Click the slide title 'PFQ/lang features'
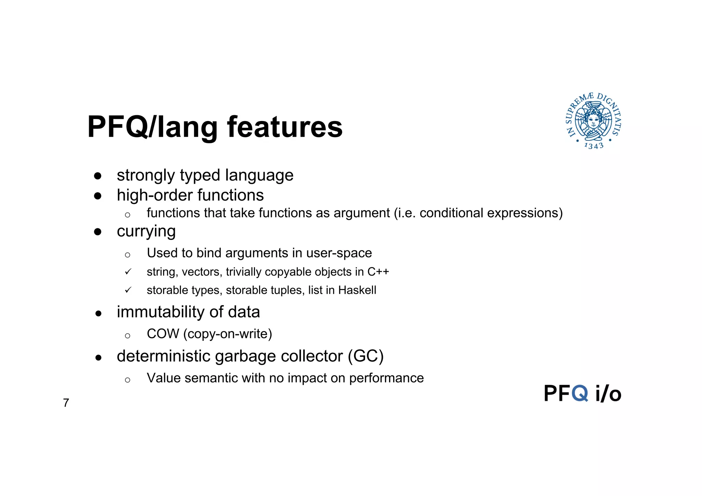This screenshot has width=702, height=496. pyautogui.click(x=215, y=127)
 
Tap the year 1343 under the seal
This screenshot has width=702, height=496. pyautogui.click(x=594, y=146)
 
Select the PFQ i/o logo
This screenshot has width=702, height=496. pyautogui.click(x=582, y=393)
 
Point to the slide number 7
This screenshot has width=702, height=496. pyautogui.click(x=66, y=403)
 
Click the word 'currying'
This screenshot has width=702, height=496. pyautogui.click(x=146, y=231)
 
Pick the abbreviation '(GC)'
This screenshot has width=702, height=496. pyautogui.click(x=365, y=356)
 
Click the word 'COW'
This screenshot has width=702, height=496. pyautogui.click(x=163, y=334)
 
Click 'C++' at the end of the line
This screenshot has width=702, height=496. pyautogui.click(x=378, y=272)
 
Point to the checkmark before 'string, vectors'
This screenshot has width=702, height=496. pyautogui.click(x=128, y=272)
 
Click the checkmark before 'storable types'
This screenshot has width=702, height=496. pyautogui.click(x=128, y=290)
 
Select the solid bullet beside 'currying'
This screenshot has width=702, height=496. pyautogui.click(x=98, y=232)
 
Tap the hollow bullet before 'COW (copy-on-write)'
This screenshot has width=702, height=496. pyautogui.click(x=128, y=336)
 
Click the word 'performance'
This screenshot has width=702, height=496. pyautogui.click(x=386, y=378)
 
